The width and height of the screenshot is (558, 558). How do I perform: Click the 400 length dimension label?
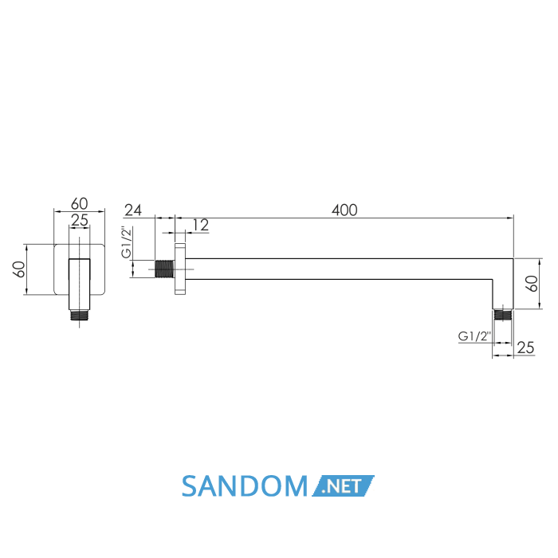click(344, 210)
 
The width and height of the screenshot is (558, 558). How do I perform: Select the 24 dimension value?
click(133, 210)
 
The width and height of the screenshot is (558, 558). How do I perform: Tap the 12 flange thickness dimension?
click(200, 225)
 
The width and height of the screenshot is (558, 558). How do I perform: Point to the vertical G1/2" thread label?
click(127, 242)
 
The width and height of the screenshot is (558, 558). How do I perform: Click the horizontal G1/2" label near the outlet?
click(475, 336)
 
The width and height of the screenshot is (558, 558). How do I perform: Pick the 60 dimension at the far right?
click(532, 284)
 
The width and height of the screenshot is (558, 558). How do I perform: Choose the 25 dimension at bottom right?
click(525, 348)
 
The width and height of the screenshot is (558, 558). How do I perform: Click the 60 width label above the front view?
click(80, 203)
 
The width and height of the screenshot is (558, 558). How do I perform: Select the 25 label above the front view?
click(80, 220)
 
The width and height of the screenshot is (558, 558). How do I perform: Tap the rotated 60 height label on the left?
click(19, 269)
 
